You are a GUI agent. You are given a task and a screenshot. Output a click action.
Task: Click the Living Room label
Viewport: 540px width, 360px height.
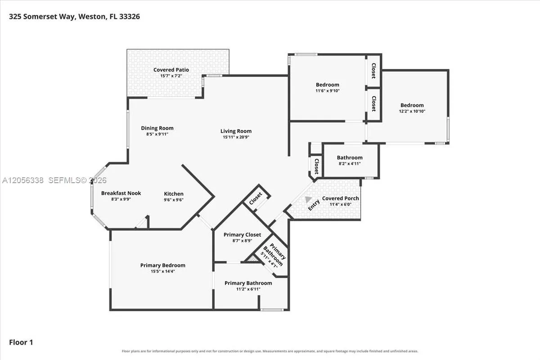pyautogui.click(x=236, y=131)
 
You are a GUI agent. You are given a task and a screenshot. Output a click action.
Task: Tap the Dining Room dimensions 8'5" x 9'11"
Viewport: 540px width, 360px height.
pyautogui.click(x=157, y=134)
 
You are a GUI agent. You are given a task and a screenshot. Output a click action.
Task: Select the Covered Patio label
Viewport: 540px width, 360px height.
pyautogui.click(x=171, y=70)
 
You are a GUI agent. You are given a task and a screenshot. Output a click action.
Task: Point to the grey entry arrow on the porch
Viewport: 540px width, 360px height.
pyautogui.click(x=308, y=199)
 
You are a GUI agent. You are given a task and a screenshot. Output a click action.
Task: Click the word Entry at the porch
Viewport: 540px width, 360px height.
pyautogui.click(x=314, y=205)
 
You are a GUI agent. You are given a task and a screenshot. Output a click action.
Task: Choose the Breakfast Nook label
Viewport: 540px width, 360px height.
pyautogui.click(x=121, y=193)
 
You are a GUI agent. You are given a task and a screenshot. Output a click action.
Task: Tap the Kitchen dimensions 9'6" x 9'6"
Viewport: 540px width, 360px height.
pyautogui.click(x=174, y=200)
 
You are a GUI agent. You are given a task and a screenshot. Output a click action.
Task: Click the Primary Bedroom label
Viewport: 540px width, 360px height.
pyautogui.click(x=163, y=265)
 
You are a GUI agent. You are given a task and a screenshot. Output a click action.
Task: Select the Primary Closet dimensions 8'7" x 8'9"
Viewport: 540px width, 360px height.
pyautogui.click(x=242, y=241)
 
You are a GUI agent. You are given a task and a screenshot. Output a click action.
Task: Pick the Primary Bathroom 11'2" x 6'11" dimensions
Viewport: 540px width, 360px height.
pyautogui.click(x=248, y=289)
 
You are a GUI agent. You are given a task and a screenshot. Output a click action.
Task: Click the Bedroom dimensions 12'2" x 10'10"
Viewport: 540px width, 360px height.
pyautogui.click(x=412, y=111)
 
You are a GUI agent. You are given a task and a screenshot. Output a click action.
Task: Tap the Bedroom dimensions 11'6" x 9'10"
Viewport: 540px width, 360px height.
pyautogui.click(x=328, y=90)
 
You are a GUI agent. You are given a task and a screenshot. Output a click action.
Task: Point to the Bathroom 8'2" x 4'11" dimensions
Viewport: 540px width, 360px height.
pyautogui.click(x=350, y=163)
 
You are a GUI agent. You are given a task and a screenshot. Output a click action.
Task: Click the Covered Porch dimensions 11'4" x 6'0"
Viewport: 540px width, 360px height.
pyautogui.click(x=340, y=204)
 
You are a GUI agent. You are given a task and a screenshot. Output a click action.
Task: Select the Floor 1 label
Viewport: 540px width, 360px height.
pyautogui.click(x=21, y=342)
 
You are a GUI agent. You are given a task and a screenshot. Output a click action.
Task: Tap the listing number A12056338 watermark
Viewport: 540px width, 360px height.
pyautogui.click(x=23, y=180)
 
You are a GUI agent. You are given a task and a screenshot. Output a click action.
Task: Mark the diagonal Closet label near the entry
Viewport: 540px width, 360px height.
pyautogui.click(x=255, y=198)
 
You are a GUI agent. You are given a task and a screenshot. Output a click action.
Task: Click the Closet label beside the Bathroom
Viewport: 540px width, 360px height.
pyautogui.click(x=316, y=166)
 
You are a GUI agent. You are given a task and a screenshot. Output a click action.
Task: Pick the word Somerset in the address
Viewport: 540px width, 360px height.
pyautogui.click(x=49, y=16)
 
